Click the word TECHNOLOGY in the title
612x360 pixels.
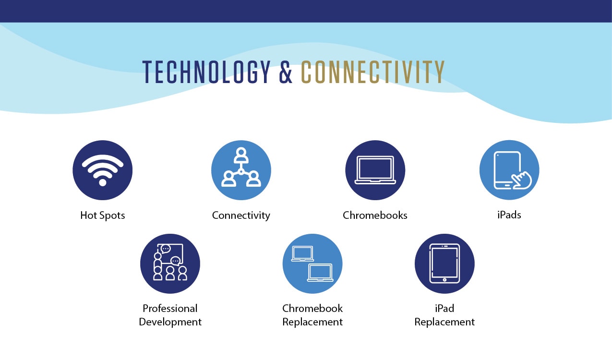click(x=206, y=72)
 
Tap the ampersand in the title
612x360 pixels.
click(x=286, y=72)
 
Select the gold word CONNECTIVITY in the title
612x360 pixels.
click(x=372, y=72)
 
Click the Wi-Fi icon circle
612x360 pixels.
click(x=102, y=170)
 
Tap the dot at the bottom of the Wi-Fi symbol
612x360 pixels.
click(x=102, y=182)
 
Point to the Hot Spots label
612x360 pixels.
click(x=102, y=215)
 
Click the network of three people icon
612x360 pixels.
click(x=241, y=167)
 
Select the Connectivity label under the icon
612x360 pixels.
click(x=241, y=215)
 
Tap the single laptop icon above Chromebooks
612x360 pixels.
click(x=375, y=170)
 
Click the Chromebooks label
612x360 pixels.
click(x=375, y=215)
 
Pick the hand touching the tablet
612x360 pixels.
click(x=522, y=180)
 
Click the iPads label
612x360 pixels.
click(x=509, y=215)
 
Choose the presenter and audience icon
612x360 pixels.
click(x=170, y=262)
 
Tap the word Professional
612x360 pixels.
click(x=170, y=308)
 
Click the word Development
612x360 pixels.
click(x=170, y=322)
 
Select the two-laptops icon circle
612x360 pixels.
click(x=312, y=264)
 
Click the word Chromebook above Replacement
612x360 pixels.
click(x=312, y=308)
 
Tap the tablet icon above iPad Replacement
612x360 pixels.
click(x=444, y=264)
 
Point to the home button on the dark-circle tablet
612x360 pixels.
click(x=444, y=280)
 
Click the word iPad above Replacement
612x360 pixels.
click(x=444, y=308)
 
